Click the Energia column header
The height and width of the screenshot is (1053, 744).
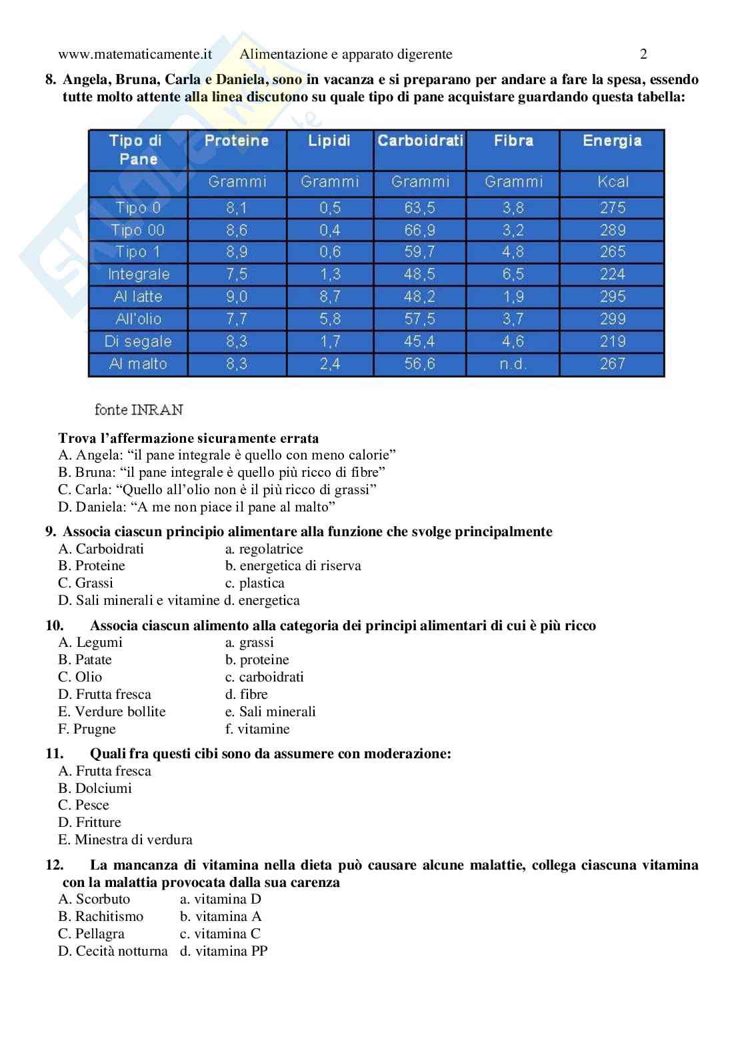pyautogui.click(x=611, y=141)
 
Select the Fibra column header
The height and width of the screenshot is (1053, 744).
pyautogui.click(x=513, y=141)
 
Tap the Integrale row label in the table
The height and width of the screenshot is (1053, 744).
pyautogui.click(x=139, y=274)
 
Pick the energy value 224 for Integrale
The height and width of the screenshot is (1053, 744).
pyautogui.click(x=611, y=274)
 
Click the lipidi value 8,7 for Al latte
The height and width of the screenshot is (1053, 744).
pyautogui.click(x=329, y=296)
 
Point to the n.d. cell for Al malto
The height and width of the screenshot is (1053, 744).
pyautogui.click(x=513, y=364)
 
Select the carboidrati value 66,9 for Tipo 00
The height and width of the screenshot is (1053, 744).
pyautogui.click(x=419, y=230)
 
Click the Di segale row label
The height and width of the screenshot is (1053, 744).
pyautogui.click(x=138, y=341)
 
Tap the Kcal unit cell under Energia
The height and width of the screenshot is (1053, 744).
pyautogui.click(x=611, y=181)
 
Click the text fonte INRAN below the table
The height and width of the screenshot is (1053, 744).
pyautogui.click(x=139, y=409)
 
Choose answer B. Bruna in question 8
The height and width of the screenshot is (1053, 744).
pyautogui.click(x=222, y=472)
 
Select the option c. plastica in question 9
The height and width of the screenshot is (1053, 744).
pyautogui.click(x=255, y=583)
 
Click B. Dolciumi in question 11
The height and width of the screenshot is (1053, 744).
pyautogui.click(x=95, y=788)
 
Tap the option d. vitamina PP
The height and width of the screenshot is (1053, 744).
pyautogui.click(x=223, y=951)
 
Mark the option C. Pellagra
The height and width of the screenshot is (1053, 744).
pyautogui.click(x=91, y=934)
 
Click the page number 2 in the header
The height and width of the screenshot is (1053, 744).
pyautogui.click(x=643, y=54)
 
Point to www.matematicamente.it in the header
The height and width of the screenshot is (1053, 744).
pyautogui.click(x=135, y=54)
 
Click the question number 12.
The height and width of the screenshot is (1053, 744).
pyautogui.click(x=55, y=865)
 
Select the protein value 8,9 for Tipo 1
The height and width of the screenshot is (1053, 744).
pyautogui.click(x=237, y=252)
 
